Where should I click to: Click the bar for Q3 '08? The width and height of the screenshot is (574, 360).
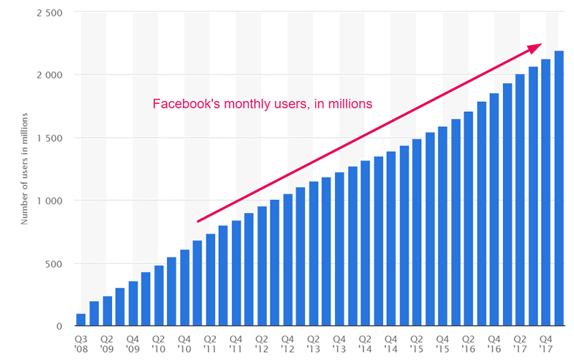point(81,320)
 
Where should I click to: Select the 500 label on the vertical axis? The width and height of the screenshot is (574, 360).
point(53,263)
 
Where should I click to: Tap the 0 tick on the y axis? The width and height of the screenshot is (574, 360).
point(60,326)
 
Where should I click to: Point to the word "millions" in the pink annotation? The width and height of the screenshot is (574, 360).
point(348,104)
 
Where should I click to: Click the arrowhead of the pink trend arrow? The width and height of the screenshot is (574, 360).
point(535,47)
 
